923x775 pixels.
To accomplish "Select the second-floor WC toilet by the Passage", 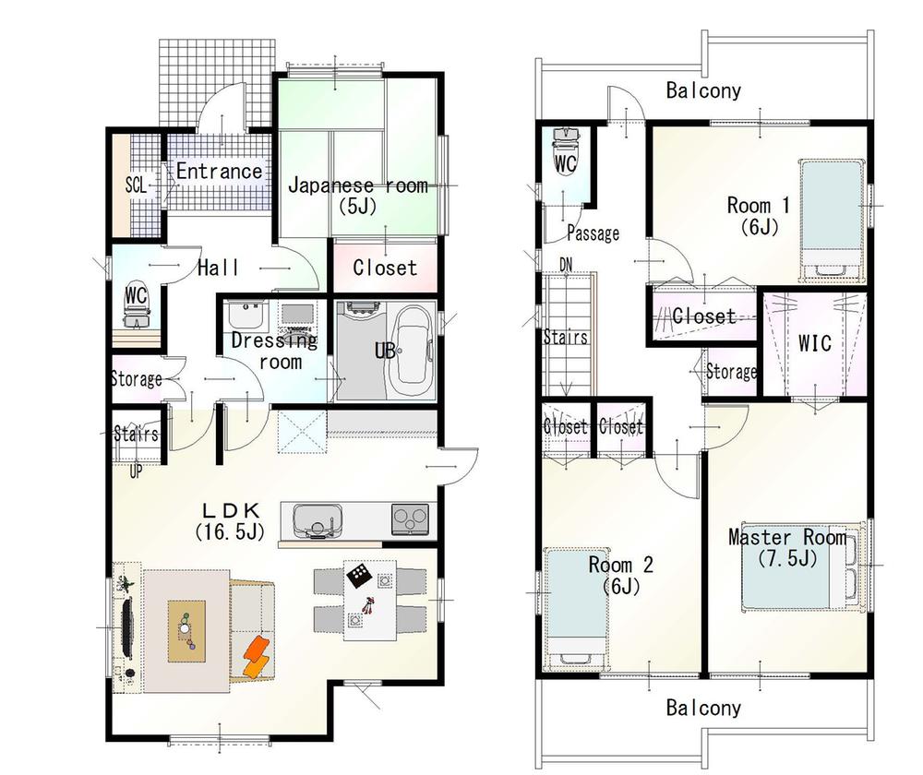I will tap(564, 152).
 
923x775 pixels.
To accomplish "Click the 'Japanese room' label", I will tap(357, 185).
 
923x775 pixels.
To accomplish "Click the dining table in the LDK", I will tap(369, 600).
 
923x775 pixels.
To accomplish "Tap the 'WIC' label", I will tap(814, 343).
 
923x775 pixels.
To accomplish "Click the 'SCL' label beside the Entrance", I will tap(136, 184).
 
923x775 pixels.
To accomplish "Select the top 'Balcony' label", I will tap(703, 90).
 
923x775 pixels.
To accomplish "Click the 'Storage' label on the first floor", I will tap(137, 378).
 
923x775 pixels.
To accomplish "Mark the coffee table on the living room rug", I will tap(186, 629).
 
